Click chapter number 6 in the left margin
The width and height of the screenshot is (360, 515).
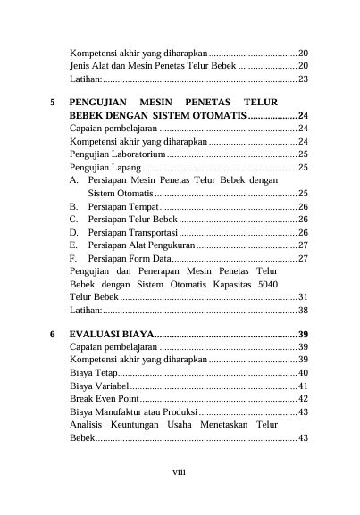coord(54,334)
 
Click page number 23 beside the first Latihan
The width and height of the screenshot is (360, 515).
coord(303,79)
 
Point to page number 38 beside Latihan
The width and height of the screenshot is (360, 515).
coord(303,310)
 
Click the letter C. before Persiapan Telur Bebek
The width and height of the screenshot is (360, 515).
coord(72,220)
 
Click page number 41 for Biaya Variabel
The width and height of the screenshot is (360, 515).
coord(303,386)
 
